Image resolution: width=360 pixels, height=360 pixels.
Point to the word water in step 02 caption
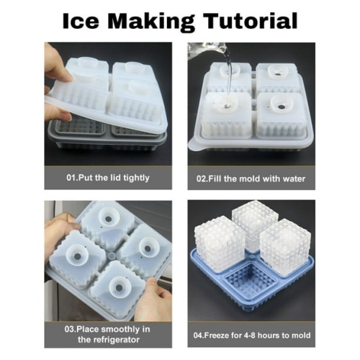(x=291, y=179)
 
